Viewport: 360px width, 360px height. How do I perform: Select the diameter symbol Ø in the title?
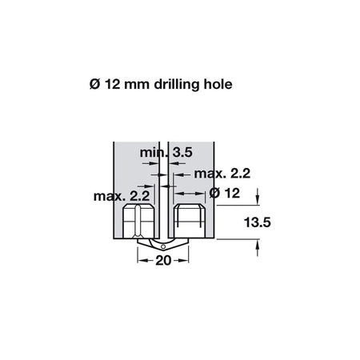click(x=94, y=85)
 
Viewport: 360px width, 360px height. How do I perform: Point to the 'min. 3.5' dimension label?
click(x=166, y=153)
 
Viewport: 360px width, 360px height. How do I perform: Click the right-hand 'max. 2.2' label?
click(x=222, y=174)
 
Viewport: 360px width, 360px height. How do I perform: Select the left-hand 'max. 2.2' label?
click(x=122, y=196)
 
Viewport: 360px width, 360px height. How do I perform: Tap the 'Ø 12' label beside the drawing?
click(x=225, y=193)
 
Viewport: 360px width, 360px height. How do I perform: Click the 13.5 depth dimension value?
click(x=257, y=222)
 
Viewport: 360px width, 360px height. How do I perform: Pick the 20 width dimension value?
click(x=163, y=261)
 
